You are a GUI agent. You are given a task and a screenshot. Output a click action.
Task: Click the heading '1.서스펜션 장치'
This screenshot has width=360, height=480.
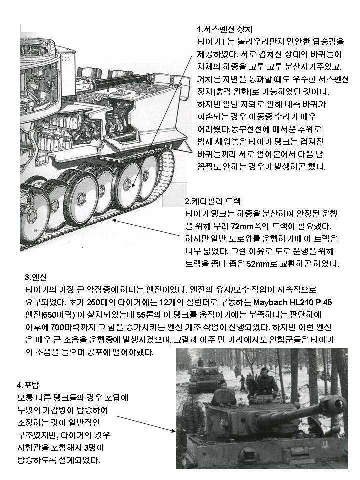coord(225,29)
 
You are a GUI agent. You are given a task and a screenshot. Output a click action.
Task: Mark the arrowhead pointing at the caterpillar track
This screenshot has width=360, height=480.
coord(116,219)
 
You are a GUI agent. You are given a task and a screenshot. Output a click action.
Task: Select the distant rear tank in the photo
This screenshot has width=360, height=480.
coord(204,376)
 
